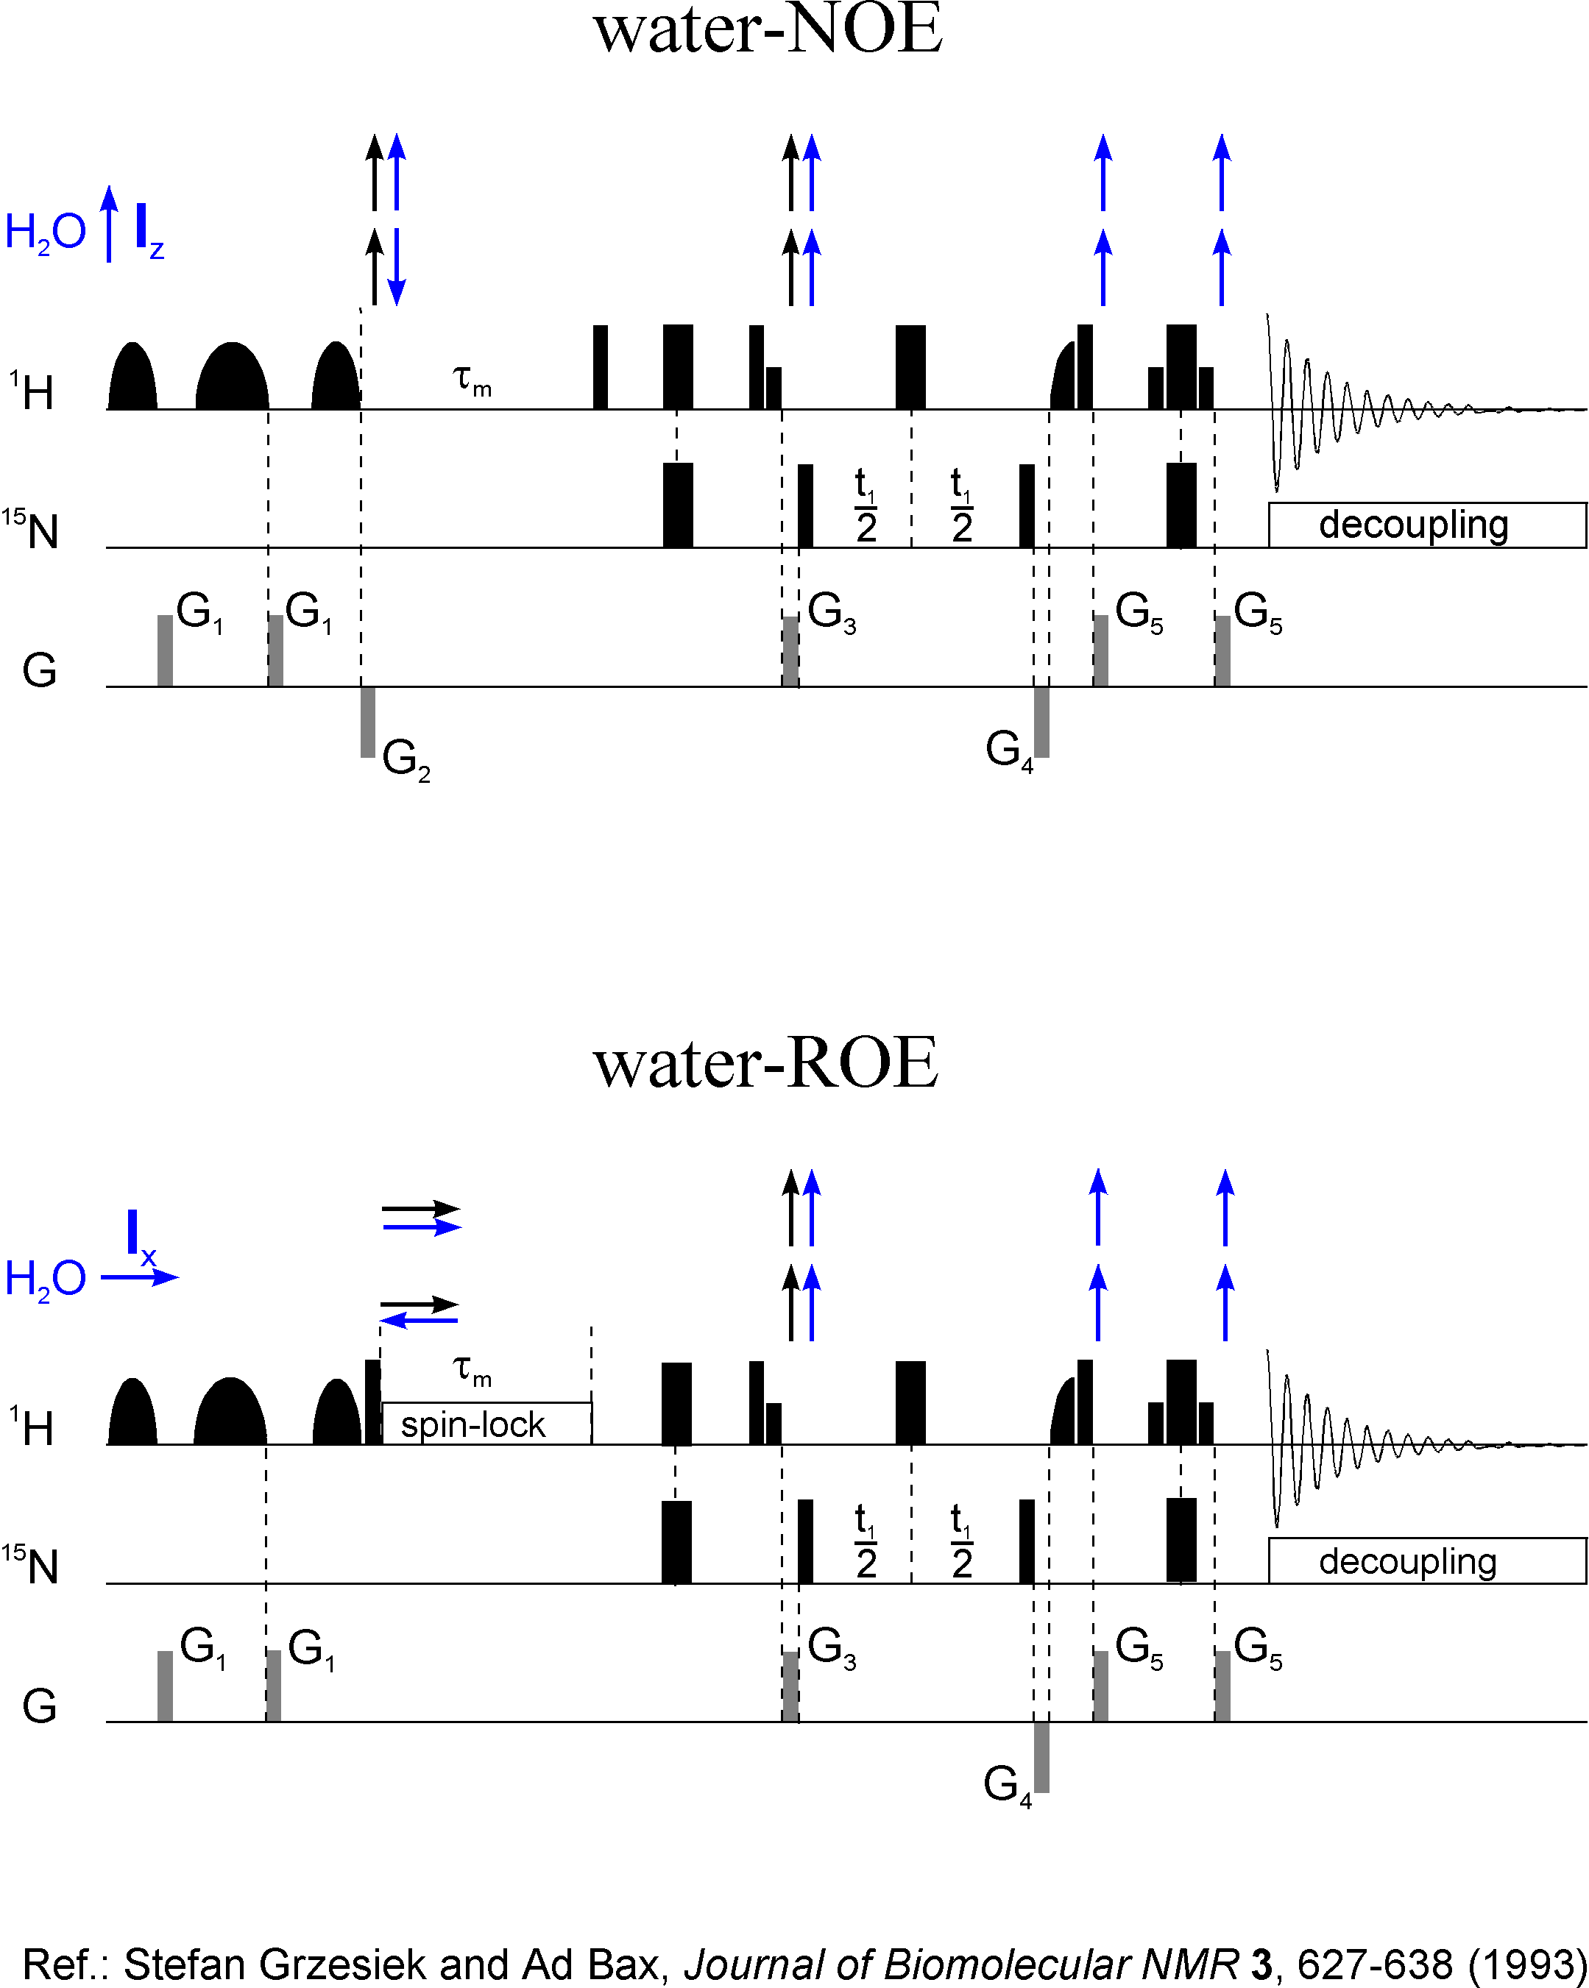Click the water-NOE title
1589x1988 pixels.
(768, 29)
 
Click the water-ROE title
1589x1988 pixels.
(765, 1065)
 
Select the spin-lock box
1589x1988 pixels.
(486, 1424)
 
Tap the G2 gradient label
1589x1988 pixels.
(406, 759)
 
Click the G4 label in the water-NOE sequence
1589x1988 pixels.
(1009, 750)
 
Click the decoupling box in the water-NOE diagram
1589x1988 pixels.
(1426, 525)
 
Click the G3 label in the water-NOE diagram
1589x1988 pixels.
(831, 612)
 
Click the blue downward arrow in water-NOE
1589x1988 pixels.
(397, 266)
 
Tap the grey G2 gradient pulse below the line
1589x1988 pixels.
(368, 722)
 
